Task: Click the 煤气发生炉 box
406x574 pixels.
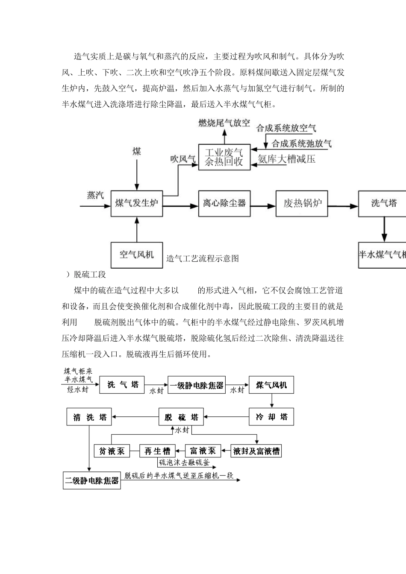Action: pyautogui.click(x=137, y=203)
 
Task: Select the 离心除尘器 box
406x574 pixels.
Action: pyautogui.click(x=224, y=203)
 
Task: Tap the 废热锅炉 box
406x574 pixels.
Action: pyautogui.click(x=303, y=203)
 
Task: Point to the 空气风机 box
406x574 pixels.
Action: pyautogui.click(x=137, y=255)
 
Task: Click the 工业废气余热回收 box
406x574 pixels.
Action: pyautogui.click(x=224, y=157)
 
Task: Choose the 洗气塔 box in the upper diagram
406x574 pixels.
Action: pyautogui.click(x=383, y=203)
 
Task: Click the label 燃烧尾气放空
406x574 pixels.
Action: pyautogui.click(x=224, y=123)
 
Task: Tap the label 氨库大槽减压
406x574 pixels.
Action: pyautogui.click(x=287, y=159)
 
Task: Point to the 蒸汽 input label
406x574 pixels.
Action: pyautogui.click(x=95, y=195)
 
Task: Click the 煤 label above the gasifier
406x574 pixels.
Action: pyautogui.click(x=137, y=151)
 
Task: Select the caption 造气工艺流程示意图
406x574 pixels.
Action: pyautogui.click(x=203, y=258)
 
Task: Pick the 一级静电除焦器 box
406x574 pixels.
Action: pyautogui.click(x=197, y=385)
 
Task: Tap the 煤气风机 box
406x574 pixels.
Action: pyautogui.click(x=271, y=385)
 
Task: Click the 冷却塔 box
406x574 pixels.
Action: pyautogui.click(x=271, y=417)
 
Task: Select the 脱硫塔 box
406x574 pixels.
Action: pyautogui.click(x=181, y=417)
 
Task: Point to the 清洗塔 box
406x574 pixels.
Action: pyautogui.click(x=89, y=417)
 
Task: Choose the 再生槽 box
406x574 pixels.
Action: pyautogui.click(x=157, y=451)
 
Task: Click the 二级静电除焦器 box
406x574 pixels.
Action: pyautogui.click(x=92, y=480)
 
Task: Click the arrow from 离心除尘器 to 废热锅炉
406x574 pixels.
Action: pyautogui.click(x=263, y=206)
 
